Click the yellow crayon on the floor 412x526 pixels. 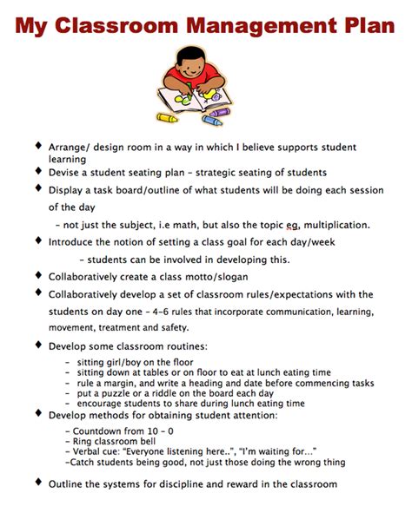[167, 116]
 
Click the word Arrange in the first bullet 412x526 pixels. [70, 148]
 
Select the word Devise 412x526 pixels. [67, 172]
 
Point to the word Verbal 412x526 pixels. [91, 451]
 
